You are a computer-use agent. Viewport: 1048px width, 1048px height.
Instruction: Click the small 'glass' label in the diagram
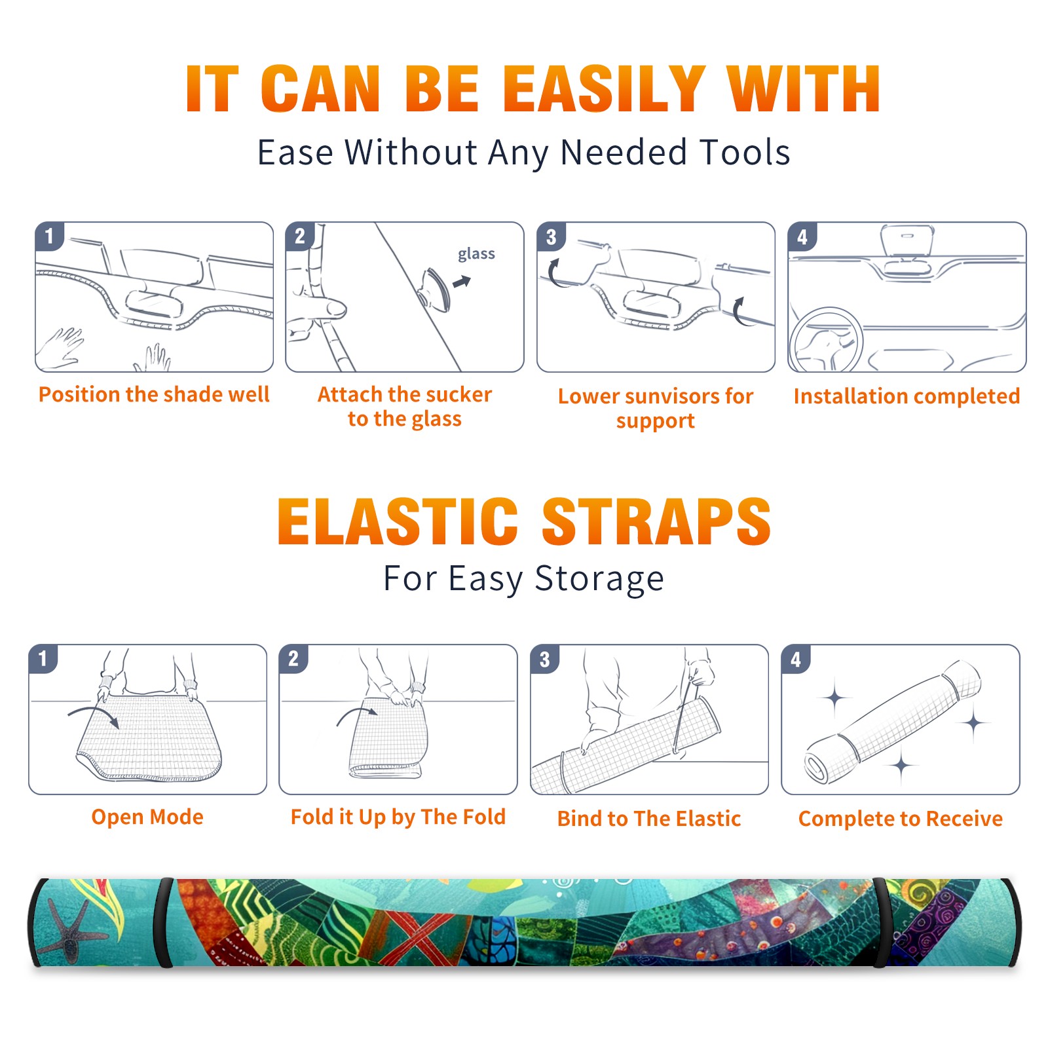pyautogui.click(x=476, y=254)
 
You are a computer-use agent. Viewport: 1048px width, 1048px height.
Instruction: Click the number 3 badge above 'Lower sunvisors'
pyautogui.click(x=551, y=237)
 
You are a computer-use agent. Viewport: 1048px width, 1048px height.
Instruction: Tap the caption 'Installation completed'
pyautogui.click(x=907, y=396)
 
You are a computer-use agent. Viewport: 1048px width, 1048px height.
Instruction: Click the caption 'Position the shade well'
pyautogui.click(x=154, y=394)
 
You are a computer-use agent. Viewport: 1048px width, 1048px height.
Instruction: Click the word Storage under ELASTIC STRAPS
pyautogui.click(x=599, y=579)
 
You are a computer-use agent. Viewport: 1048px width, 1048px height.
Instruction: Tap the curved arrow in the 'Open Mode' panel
pyautogui.click(x=93, y=715)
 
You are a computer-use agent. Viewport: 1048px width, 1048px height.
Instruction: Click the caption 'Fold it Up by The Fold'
pyautogui.click(x=398, y=817)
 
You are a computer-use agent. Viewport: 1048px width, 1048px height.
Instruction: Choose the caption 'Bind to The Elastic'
pyautogui.click(x=649, y=819)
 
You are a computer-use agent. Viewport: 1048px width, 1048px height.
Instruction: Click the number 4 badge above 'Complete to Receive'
pyautogui.click(x=796, y=659)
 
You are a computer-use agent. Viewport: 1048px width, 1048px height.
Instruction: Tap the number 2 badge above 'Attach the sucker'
pyautogui.click(x=300, y=237)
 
